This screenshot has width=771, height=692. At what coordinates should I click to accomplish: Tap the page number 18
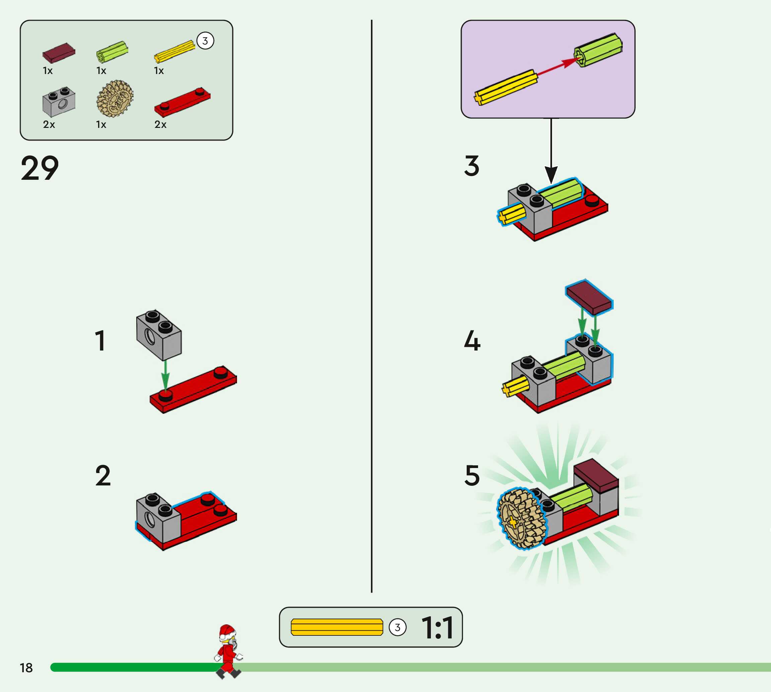[26, 668]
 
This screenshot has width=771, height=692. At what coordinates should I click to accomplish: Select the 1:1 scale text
[438, 627]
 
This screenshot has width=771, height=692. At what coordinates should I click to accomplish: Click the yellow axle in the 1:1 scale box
[336, 627]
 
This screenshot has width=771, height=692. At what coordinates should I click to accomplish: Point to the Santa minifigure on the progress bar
[228, 651]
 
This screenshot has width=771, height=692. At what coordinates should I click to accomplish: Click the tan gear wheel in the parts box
[114, 98]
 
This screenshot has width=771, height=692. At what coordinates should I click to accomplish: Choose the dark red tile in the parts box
[59, 53]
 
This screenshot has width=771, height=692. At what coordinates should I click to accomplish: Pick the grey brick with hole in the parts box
[59, 102]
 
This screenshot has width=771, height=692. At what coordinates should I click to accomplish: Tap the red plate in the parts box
[182, 102]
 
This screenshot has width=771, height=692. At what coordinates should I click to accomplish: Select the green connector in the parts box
[112, 52]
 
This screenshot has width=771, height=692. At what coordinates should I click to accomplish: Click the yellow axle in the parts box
[174, 51]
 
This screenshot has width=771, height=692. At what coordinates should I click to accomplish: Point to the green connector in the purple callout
[598, 50]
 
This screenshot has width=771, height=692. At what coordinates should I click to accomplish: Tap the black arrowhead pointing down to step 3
[551, 174]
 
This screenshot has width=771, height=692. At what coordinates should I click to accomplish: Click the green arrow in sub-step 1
[165, 375]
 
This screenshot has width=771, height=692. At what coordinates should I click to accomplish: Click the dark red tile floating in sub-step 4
[589, 297]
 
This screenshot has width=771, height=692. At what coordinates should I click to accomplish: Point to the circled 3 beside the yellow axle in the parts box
[205, 41]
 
